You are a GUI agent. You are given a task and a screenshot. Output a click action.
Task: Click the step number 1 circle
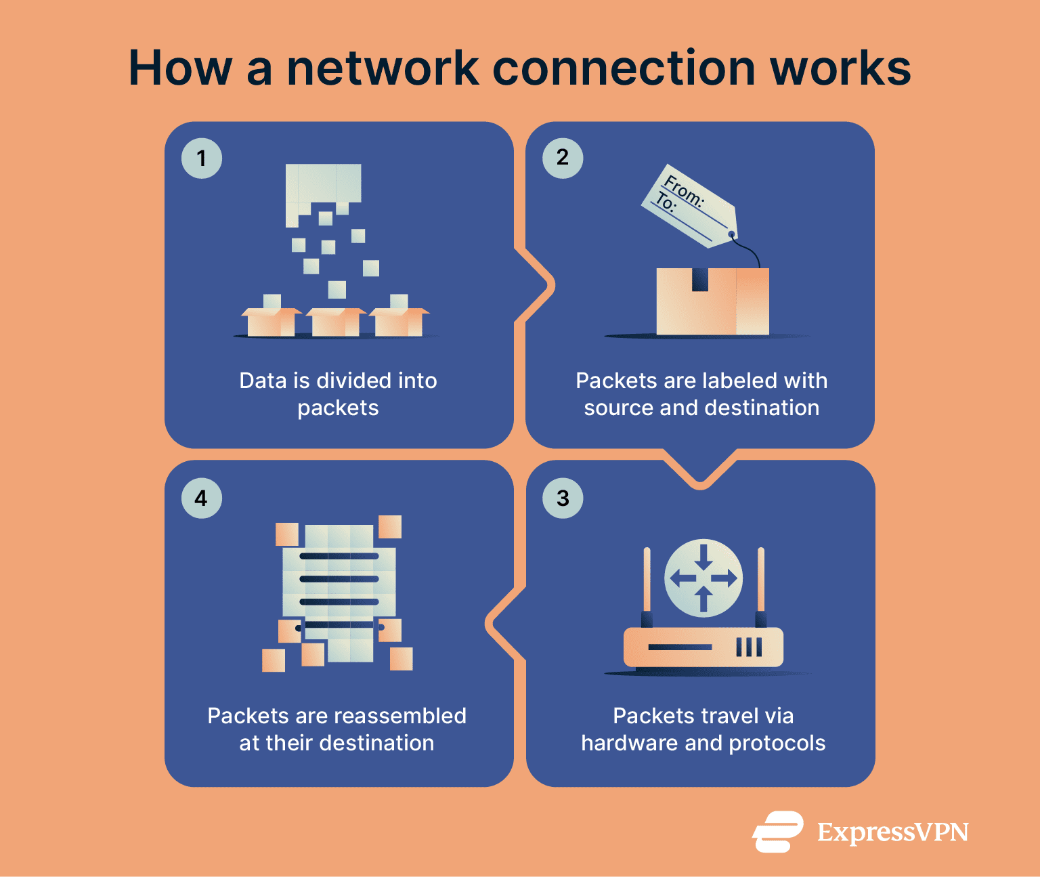click(x=202, y=158)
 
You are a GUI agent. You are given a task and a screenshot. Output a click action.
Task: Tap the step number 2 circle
click(x=563, y=158)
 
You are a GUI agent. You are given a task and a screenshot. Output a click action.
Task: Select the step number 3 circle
click(x=563, y=498)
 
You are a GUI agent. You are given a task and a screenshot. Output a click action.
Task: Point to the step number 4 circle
click(x=202, y=498)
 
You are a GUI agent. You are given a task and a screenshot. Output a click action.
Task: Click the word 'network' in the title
click(x=383, y=68)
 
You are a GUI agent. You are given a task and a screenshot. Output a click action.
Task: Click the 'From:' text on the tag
click(x=684, y=190)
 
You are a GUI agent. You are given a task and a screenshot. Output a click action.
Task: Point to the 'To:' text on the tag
click(x=665, y=202)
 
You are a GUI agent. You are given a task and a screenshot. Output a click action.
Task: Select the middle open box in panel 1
click(x=336, y=322)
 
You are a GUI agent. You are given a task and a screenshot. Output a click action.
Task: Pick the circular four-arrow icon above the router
click(x=703, y=578)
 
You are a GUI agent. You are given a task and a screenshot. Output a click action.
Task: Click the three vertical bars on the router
click(x=749, y=647)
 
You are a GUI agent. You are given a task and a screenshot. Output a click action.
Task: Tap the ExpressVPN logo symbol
click(x=778, y=831)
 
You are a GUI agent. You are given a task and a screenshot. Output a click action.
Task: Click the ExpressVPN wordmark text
click(x=892, y=832)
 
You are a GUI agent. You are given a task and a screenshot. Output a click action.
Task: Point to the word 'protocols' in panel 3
click(x=777, y=743)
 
